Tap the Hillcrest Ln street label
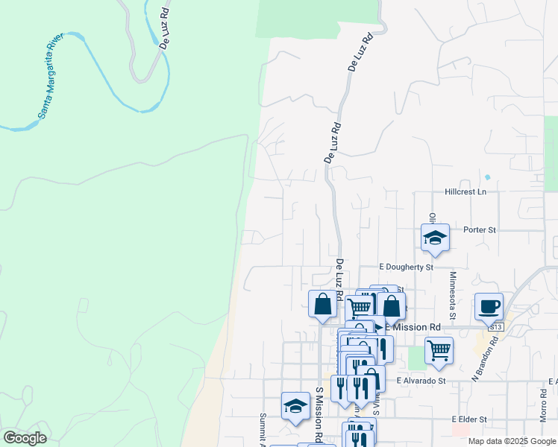(465, 192)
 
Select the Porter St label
(479, 230)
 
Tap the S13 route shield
(495, 327)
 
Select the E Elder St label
(468, 420)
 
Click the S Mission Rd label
(319, 413)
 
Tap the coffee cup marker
(489, 306)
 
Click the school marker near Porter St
(435, 238)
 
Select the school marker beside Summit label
(296, 406)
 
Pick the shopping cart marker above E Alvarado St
(439, 349)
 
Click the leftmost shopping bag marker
(322, 304)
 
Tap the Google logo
(25, 438)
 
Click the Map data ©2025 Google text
(511, 441)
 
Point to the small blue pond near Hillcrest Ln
(487, 177)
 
